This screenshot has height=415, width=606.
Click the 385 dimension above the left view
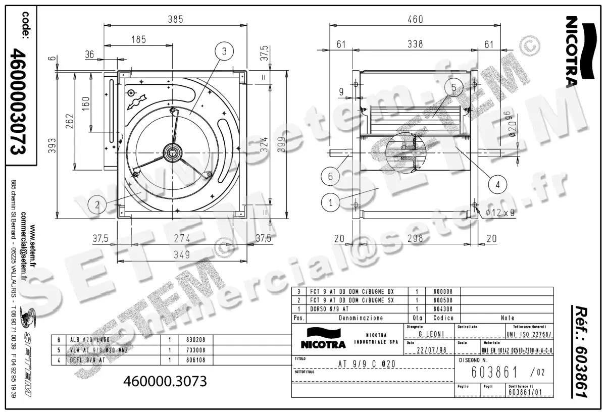pos(175,19)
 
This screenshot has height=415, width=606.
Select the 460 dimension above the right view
pos(415,19)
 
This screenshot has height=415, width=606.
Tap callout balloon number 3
pos(224,50)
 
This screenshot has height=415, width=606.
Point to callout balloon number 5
pos(453,88)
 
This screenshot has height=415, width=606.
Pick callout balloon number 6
pos(330,177)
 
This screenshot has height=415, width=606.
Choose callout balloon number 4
pos(497,184)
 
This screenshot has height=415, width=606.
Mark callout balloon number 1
pos(330,203)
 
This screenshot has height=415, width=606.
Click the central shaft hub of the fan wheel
pos(174,150)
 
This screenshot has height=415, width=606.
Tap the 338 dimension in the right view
pos(415,44)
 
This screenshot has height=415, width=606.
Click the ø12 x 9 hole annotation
pos(499,213)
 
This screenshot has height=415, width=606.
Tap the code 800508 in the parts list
pos(443,300)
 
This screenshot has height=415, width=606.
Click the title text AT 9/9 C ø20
pos(366,364)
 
